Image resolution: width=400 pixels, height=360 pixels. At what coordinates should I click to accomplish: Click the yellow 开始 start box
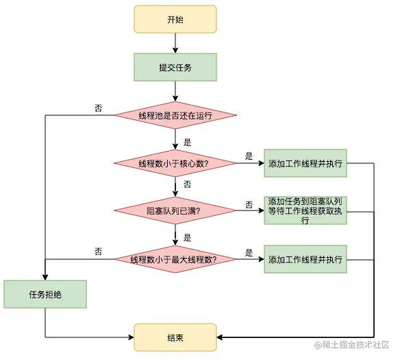(175, 19)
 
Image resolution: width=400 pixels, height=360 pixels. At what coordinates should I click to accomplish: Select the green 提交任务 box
(175, 67)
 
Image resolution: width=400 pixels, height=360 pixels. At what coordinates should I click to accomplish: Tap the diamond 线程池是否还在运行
(175, 116)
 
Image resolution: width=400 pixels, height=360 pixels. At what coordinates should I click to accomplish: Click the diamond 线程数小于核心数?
(175, 163)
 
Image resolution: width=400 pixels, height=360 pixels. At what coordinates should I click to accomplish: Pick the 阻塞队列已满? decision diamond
(175, 211)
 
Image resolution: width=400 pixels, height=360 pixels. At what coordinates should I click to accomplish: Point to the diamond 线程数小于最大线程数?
(175, 259)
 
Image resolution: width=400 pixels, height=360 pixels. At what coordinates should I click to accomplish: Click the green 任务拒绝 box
(45, 294)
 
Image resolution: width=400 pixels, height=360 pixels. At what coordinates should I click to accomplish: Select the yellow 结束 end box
(175, 337)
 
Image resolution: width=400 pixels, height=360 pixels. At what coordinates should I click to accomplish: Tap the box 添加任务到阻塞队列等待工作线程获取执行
(305, 211)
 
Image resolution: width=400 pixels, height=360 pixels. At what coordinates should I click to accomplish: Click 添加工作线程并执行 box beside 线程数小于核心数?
(305, 163)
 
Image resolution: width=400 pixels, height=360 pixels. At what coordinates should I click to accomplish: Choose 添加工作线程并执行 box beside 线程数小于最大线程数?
(305, 259)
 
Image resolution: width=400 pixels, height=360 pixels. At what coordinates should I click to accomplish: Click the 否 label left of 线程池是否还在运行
(99, 108)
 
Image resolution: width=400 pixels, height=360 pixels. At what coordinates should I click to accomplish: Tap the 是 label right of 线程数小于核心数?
(249, 156)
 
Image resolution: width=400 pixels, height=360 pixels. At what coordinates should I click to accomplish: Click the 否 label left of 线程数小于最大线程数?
(99, 252)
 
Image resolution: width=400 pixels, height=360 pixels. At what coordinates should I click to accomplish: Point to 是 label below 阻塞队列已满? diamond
(187, 237)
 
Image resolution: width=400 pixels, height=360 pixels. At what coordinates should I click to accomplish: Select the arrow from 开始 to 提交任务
(175, 43)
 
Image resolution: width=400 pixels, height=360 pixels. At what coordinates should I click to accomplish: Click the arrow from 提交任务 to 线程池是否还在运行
(175, 91)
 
